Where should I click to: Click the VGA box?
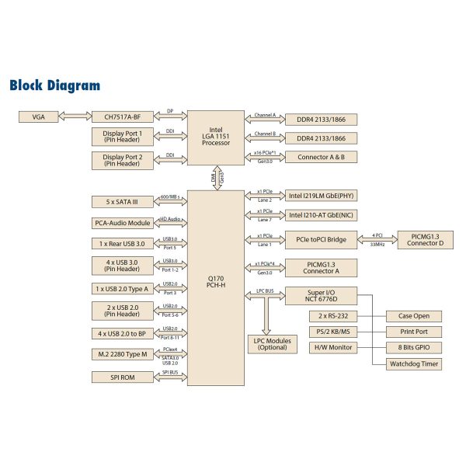click(x=39, y=116)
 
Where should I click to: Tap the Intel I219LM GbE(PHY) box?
click(x=322, y=196)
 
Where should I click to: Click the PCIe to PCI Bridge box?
click(x=322, y=239)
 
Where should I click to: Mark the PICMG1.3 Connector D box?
click(x=426, y=239)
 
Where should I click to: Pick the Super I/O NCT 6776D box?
click(x=322, y=295)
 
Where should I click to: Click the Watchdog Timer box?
click(x=415, y=363)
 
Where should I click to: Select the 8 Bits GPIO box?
click(x=415, y=347)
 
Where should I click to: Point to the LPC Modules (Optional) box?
click(x=271, y=344)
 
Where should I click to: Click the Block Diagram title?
click(x=54, y=85)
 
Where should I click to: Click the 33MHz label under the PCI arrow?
click(x=377, y=245)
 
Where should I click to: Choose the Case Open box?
click(x=415, y=316)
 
